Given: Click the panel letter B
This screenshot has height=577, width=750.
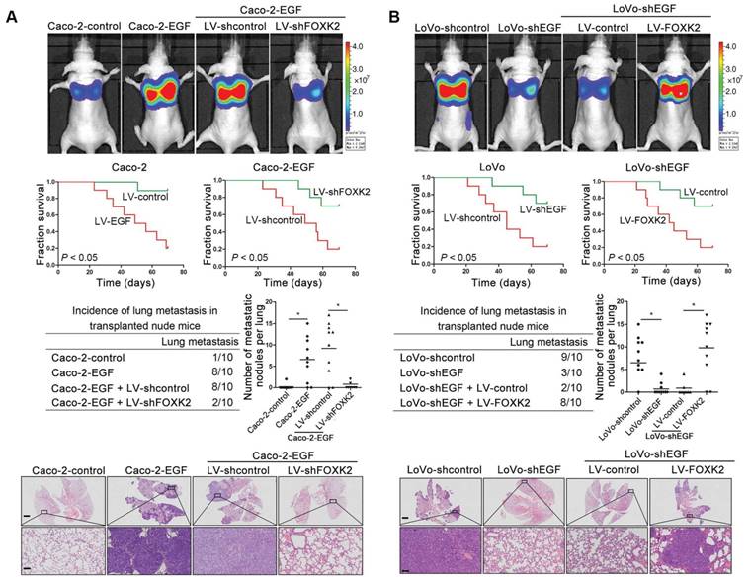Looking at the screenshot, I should (391, 17).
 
